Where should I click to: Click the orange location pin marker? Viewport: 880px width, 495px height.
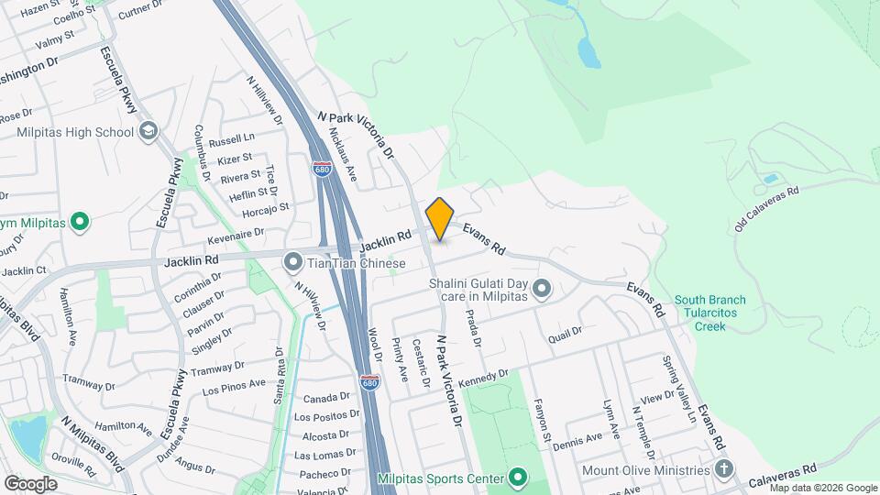pyautogui.click(x=440, y=218)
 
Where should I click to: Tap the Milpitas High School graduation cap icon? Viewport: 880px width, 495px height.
pyautogui.click(x=148, y=132)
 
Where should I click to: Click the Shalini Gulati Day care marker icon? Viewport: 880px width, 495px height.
pyautogui.click(x=542, y=290)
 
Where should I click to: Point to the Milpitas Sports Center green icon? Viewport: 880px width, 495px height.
pyautogui.click(x=518, y=478)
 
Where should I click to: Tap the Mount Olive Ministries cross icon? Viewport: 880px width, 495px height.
pyautogui.click(x=725, y=470)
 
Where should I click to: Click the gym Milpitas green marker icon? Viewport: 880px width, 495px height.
pyautogui.click(x=80, y=222)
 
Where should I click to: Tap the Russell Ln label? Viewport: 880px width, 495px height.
pyautogui.click(x=231, y=141)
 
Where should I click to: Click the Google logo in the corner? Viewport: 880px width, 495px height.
pyautogui.click(x=30, y=483)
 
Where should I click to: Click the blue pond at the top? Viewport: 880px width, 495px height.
pyautogui.click(x=588, y=52)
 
